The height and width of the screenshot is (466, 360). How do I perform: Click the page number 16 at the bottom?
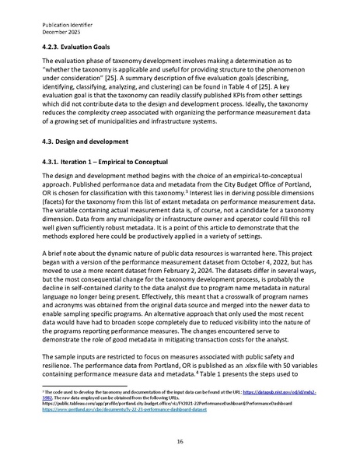[180, 440]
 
